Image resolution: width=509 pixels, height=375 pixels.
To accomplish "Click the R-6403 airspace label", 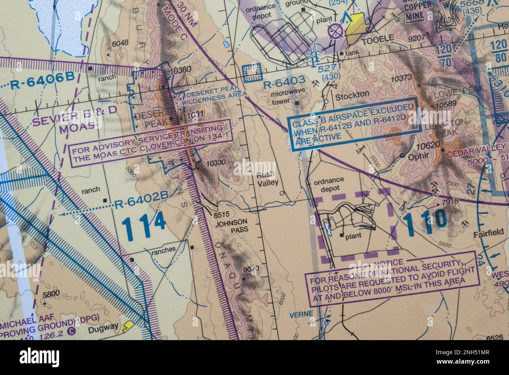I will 284,83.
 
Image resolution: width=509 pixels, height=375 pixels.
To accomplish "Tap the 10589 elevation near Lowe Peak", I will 446,105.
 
